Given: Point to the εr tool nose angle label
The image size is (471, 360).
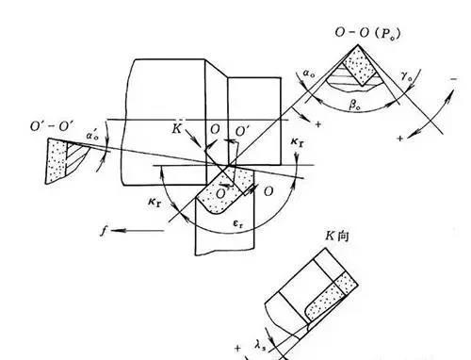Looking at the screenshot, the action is click(x=241, y=226).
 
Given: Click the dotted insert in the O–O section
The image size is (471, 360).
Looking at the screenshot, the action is click(x=359, y=68).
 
